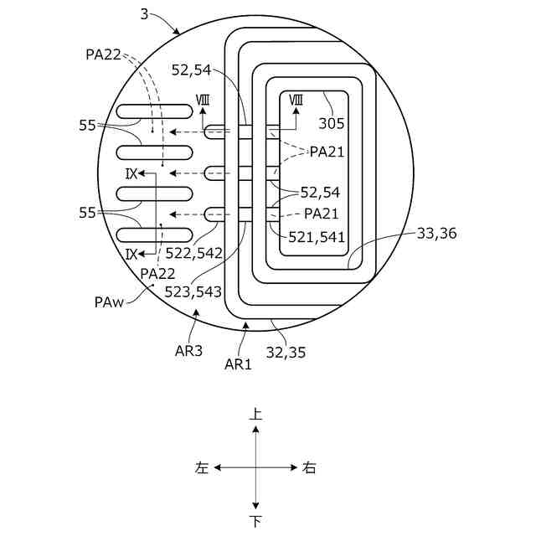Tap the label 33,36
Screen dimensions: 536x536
click(436, 234)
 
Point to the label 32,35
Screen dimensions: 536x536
click(287, 353)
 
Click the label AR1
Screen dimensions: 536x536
click(238, 363)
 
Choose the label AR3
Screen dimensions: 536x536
click(189, 351)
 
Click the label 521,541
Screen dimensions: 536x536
click(317, 237)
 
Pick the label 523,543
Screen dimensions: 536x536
click(193, 291)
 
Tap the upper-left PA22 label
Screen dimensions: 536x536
click(104, 54)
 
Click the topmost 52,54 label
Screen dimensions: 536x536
click(191, 70)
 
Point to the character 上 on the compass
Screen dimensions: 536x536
click(256, 415)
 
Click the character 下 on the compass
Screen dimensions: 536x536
click(256, 522)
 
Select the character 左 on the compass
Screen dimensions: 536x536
click(202, 468)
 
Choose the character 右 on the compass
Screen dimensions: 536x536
click(310, 468)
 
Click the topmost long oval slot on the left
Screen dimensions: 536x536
click(155, 111)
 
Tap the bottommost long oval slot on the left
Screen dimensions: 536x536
click(155, 235)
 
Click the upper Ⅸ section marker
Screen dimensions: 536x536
click(131, 173)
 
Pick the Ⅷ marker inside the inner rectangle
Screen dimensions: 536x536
click(296, 100)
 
